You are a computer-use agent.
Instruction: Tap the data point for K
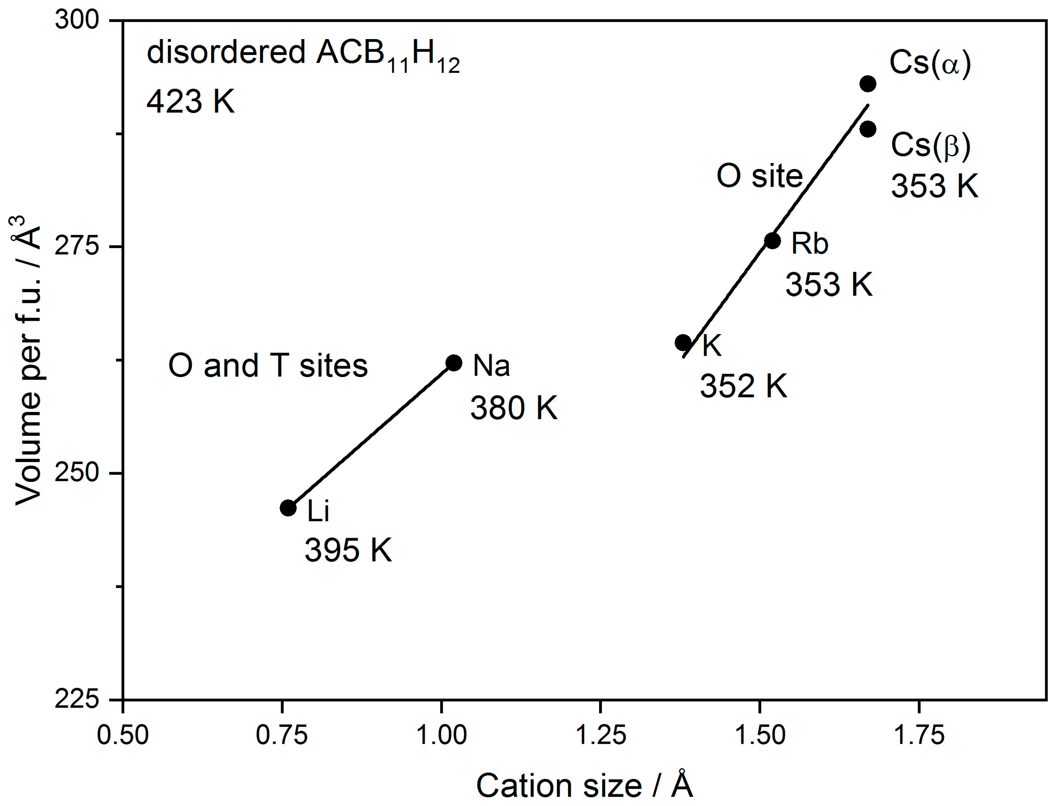tap(683, 343)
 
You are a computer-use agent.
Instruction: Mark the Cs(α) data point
tap(867, 84)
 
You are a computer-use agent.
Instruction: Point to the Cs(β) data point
tap(867, 129)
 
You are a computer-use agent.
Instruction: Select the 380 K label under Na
tap(514, 408)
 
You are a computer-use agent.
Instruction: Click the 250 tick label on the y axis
tap(77, 473)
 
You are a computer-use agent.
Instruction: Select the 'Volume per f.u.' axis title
tap(28, 360)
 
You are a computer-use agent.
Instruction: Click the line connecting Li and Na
tap(371, 435)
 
